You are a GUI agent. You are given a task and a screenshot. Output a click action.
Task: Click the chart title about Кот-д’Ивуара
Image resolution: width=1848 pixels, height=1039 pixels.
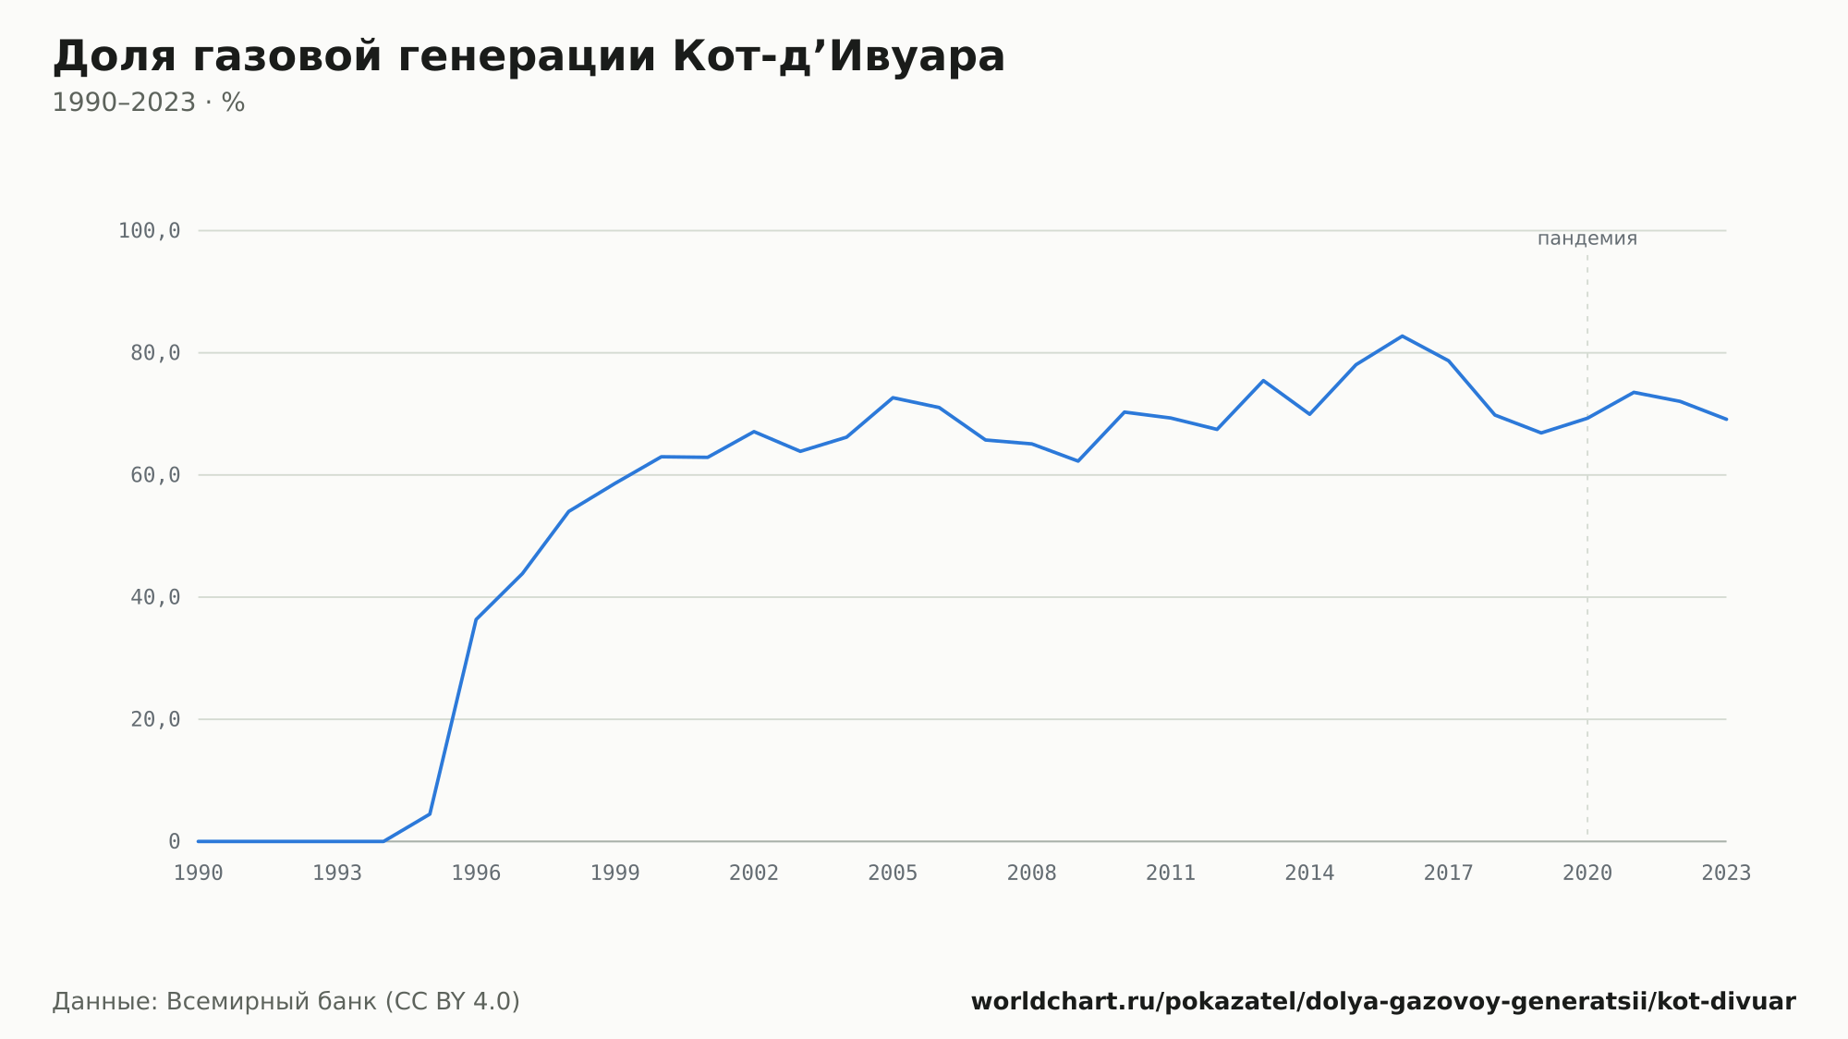pyautogui.click(x=529, y=56)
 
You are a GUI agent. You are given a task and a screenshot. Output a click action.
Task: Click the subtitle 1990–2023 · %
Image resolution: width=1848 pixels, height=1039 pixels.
pyautogui.click(x=149, y=103)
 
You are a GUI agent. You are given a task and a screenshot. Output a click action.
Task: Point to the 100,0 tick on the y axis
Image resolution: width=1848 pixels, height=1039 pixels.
pyautogui.click(x=149, y=231)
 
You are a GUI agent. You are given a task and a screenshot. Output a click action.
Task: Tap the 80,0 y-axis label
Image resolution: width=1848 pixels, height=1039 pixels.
pyautogui.click(x=155, y=353)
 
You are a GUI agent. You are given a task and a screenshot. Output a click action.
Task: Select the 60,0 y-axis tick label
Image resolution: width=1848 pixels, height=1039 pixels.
pyautogui.click(x=155, y=475)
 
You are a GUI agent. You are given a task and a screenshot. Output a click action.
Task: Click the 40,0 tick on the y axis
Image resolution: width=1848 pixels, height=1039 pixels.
pyautogui.click(x=155, y=597)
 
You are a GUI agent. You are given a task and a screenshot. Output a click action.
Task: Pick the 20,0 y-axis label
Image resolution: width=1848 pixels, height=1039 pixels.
pyautogui.click(x=155, y=719)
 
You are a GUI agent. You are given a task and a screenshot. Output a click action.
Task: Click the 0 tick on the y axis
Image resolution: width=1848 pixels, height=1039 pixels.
pyautogui.click(x=175, y=841)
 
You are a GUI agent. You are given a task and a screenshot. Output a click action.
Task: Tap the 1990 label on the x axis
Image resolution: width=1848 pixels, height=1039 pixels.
pyautogui.click(x=199, y=874)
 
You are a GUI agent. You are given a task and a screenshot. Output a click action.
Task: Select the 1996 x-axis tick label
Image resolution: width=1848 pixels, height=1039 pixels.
pyautogui.click(x=476, y=874)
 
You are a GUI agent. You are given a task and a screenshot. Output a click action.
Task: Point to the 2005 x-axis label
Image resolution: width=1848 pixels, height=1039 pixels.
pyautogui.click(x=893, y=874)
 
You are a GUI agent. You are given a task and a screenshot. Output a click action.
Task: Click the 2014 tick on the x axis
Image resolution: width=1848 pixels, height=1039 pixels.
pyautogui.click(x=1309, y=874)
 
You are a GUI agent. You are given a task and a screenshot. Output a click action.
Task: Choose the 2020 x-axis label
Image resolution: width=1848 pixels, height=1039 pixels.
pyautogui.click(x=1587, y=874)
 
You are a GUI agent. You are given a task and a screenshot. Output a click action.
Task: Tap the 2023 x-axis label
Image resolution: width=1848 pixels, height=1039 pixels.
pyautogui.click(x=1726, y=874)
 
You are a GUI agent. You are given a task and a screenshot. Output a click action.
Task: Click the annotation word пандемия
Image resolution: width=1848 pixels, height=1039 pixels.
pyautogui.click(x=1587, y=238)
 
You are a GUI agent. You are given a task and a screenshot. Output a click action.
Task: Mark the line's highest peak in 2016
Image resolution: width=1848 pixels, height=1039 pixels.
pyautogui.click(x=1402, y=336)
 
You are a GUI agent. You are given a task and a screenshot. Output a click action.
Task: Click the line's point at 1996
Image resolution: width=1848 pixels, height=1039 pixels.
pyautogui.click(x=476, y=619)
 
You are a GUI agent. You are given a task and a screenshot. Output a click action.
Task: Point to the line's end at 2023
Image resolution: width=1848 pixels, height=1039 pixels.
pyautogui.click(x=1726, y=420)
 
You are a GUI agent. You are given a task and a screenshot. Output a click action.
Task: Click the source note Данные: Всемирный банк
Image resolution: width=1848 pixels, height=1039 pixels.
pyautogui.click(x=286, y=1002)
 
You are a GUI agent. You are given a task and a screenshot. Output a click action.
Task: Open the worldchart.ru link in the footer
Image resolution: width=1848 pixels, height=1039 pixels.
pyautogui.click(x=1383, y=1002)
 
